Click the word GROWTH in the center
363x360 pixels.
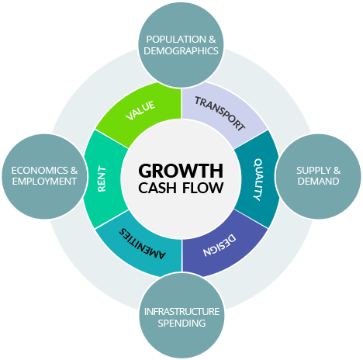(181, 171)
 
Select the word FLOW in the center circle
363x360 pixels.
(203, 188)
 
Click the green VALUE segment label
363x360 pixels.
(140, 110)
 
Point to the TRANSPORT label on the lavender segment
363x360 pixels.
(220, 113)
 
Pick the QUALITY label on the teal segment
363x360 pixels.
(258, 179)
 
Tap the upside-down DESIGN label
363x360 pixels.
(220, 245)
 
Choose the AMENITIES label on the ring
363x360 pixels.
(142, 244)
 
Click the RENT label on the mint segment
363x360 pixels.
(102, 178)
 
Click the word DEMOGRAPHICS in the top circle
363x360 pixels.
(181, 51)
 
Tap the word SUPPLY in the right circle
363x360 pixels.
(313, 171)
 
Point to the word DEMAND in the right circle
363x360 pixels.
(318, 182)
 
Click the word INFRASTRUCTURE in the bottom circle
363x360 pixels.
(181, 312)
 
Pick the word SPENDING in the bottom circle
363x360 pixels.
(181, 323)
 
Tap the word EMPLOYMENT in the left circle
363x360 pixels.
(44, 182)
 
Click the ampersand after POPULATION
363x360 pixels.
(213, 40)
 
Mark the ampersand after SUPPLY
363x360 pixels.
(337, 171)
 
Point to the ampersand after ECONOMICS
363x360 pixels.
(74, 171)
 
